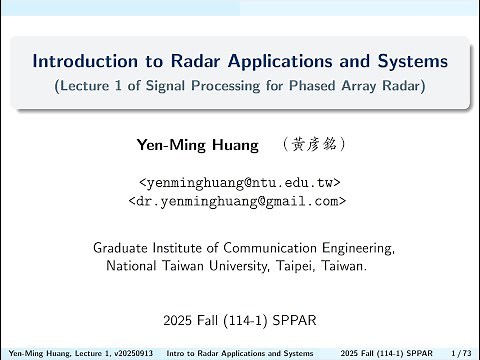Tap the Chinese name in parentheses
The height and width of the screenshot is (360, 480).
point(315,144)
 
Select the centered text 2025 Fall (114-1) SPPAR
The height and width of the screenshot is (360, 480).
point(239,321)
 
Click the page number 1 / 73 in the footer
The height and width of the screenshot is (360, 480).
point(461,353)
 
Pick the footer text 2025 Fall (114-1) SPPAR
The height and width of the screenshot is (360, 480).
point(387,353)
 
